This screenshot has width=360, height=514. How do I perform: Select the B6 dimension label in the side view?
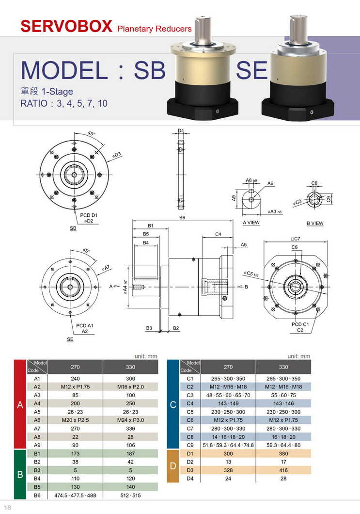[182, 218]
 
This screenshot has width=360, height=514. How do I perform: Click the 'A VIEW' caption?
[251, 223]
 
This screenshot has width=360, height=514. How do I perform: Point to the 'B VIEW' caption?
[315, 223]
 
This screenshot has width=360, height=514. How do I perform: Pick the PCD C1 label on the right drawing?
[300, 324]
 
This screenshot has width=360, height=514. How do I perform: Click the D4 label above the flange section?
[181, 131]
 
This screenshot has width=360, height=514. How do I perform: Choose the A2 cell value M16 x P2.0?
[130, 386]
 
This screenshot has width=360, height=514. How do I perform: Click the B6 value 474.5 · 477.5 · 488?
[75, 496]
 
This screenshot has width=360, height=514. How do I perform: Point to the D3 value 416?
[283, 470]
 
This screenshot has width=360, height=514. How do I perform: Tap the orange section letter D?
[173, 466]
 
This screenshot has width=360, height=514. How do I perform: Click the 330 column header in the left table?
[130, 367]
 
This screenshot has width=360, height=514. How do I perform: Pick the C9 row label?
[190, 445]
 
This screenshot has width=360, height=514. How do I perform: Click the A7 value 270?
[75, 428]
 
